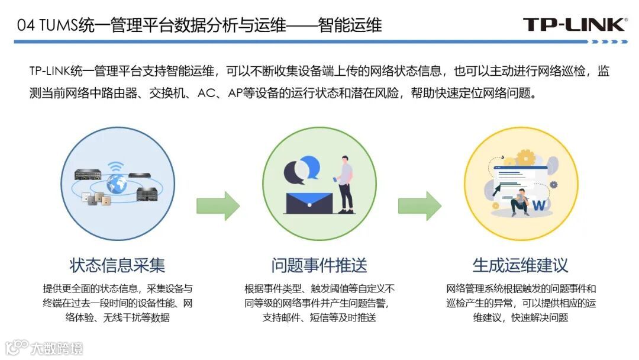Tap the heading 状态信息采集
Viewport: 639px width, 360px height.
pos(117,265)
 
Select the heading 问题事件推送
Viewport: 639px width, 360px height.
pos(319,265)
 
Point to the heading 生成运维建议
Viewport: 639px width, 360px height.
pos(520,265)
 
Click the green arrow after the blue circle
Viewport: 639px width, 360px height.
pos(218,205)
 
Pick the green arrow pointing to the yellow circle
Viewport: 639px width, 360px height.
pos(419,205)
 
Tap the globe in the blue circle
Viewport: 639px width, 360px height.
pos(116,183)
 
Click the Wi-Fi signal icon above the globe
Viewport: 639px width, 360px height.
pos(117,166)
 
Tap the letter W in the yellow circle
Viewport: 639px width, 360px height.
pos(539,205)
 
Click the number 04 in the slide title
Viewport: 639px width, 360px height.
pos(24,25)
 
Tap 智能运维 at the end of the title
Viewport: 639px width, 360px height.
pos(350,25)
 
